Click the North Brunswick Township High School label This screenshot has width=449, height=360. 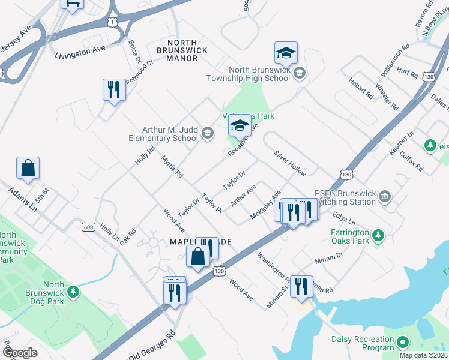click(x=248, y=74)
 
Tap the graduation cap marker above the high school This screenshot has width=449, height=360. click(x=286, y=54)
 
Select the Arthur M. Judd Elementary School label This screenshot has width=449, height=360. click(x=170, y=134)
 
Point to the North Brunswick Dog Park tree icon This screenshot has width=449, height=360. click(x=73, y=292)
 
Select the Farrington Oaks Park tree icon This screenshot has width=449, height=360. click(x=378, y=233)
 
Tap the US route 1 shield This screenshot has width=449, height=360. click(x=113, y=22)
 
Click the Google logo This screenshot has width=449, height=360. click(x=20, y=353)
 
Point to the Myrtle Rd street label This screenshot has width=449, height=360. click(x=172, y=166)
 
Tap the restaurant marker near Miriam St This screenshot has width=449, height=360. click(x=301, y=287)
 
